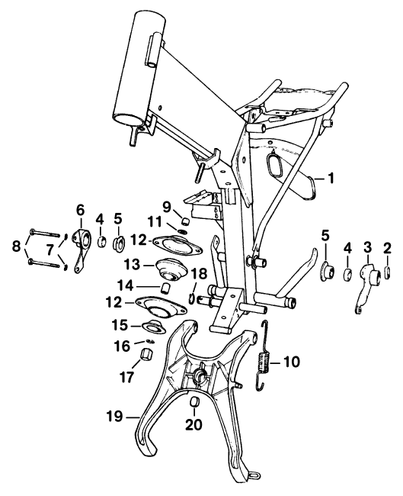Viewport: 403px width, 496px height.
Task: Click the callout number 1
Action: pos(331,179)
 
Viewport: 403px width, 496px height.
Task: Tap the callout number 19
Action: pos(114,417)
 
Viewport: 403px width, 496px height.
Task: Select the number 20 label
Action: pos(194,424)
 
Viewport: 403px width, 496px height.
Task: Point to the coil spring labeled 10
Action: pos(264,356)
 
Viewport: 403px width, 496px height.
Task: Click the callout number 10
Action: pos(291,362)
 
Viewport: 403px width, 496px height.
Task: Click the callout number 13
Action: pos(132,265)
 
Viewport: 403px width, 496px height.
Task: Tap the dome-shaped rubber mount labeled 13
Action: pos(170,268)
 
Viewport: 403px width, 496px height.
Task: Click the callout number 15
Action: pos(120,325)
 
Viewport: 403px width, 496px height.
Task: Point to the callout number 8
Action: pos(16,246)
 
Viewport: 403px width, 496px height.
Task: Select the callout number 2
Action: pos(387,249)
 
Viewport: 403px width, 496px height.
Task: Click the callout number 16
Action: pos(123,346)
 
